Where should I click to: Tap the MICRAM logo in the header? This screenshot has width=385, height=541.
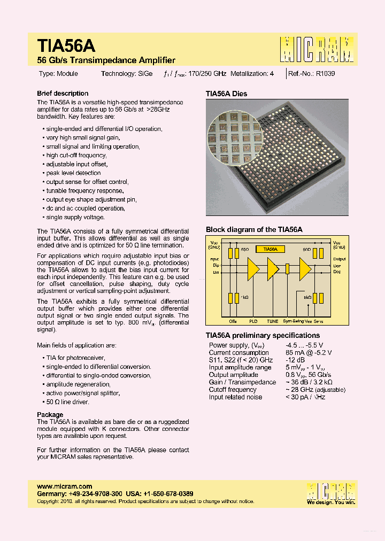pyautogui.click(x=317, y=50)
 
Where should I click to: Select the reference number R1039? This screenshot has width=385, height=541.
pyautogui.click(x=325, y=74)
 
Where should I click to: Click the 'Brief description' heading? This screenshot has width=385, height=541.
pyautogui.click(x=63, y=93)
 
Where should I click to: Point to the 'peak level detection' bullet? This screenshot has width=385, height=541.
pyautogui.click(x=73, y=173)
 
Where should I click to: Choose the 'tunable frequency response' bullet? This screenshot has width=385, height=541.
pyautogui.click(x=85, y=191)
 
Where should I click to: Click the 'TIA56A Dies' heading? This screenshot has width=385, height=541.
pyautogui.click(x=226, y=94)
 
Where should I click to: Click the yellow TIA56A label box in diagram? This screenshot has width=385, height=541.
pyautogui.click(x=270, y=249)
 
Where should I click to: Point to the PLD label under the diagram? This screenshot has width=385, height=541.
pyautogui.click(x=253, y=321)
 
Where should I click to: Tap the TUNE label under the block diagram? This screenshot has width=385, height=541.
pyautogui.click(x=273, y=321)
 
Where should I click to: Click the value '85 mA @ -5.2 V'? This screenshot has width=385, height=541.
pyautogui.click(x=308, y=353)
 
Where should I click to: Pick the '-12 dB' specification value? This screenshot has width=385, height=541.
pyautogui.click(x=295, y=360)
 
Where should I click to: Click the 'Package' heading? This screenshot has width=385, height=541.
pyautogui.click(x=50, y=415)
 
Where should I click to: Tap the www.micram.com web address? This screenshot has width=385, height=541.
pyautogui.click(x=61, y=486)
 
